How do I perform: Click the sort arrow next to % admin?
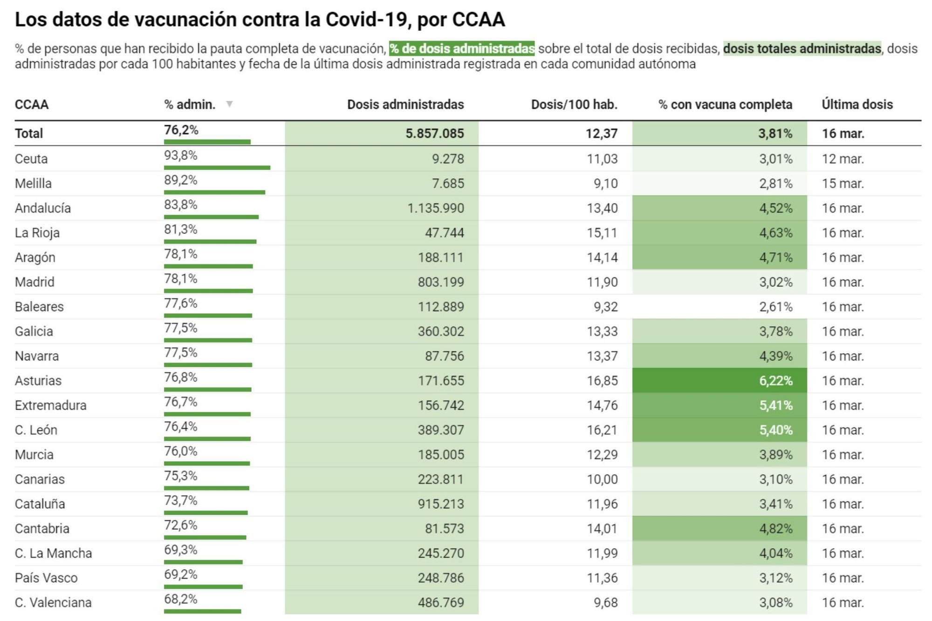click(x=229, y=104)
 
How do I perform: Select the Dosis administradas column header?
click(x=405, y=104)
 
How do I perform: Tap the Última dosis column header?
click(x=857, y=104)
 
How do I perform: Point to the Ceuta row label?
click(x=31, y=159)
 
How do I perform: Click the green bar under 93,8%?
click(x=217, y=168)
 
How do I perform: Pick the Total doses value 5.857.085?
click(x=434, y=134)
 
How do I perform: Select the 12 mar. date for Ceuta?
click(x=843, y=159)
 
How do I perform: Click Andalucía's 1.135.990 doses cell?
click(x=435, y=208)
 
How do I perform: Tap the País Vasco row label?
click(x=46, y=578)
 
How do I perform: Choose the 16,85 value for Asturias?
click(x=602, y=381)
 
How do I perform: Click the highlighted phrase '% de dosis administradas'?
click(x=462, y=48)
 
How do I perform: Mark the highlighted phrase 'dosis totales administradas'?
click(x=802, y=48)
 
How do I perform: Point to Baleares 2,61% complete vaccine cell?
click(x=775, y=307)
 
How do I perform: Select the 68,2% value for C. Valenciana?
click(x=180, y=599)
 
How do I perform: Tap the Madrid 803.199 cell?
click(x=440, y=282)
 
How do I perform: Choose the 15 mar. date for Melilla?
click(x=843, y=184)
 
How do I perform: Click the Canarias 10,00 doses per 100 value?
click(x=602, y=479)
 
